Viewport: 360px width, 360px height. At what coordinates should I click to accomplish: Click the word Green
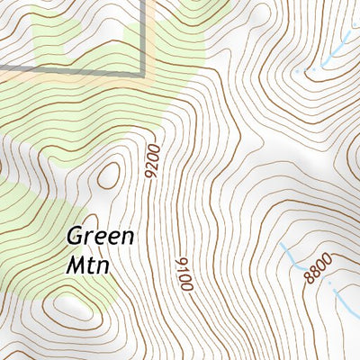click(100, 238)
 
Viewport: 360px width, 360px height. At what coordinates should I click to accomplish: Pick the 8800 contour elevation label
click(318, 268)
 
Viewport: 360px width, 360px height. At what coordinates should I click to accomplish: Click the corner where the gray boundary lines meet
click(143, 71)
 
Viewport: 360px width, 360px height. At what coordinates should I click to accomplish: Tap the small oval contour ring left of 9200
click(109, 175)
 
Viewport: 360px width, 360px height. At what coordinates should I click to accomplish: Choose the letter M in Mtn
click(76, 265)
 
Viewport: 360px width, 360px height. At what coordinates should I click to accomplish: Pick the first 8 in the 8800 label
click(310, 278)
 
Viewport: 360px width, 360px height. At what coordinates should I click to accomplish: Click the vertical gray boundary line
click(143, 36)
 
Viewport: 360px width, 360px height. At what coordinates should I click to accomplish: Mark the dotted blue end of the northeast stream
click(306, 69)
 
